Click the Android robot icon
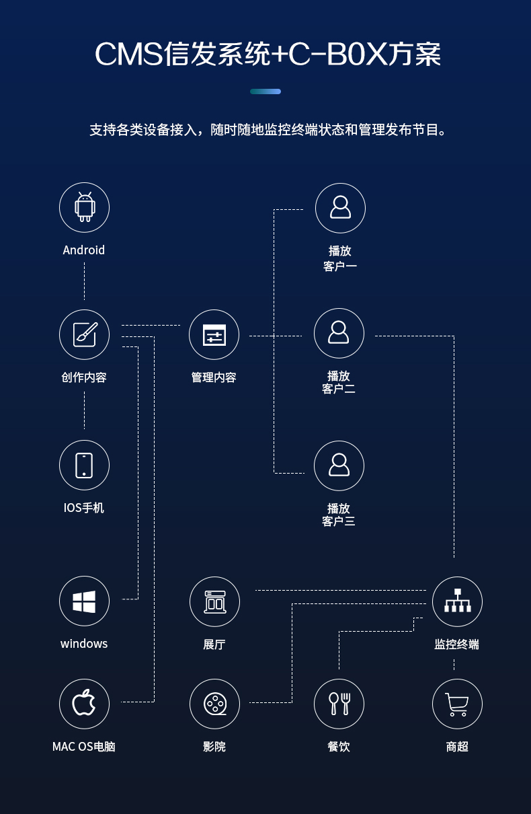(84, 207)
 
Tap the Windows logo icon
(84, 601)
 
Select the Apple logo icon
(84, 704)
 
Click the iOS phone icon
(84, 465)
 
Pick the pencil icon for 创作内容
(84, 334)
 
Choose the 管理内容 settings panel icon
(214, 334)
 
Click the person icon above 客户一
(340, 207)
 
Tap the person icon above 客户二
(339, 333)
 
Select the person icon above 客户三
(339, 466)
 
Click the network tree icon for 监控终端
(457, 601)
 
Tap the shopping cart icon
(457, 704)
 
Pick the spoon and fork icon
(339, 704)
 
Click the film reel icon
(214, 704)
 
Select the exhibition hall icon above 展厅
(214, 601)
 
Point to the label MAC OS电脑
(84, 747)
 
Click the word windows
(84, 644)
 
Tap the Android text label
(84, 250)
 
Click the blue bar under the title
(265, 91)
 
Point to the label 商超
(457, 747)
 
